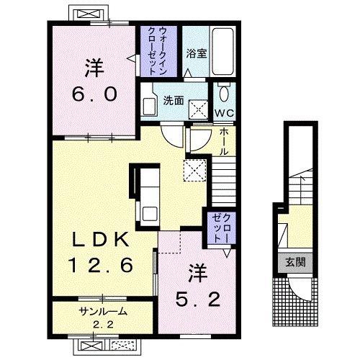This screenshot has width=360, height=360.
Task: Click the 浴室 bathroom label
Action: click(197, 53)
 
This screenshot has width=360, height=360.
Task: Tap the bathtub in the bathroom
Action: click(223, 52)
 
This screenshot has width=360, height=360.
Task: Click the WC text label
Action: click(224, 112)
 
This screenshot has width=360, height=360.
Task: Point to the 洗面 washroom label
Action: click(174, 101)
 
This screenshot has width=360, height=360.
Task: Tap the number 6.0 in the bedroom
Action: click(94, 94)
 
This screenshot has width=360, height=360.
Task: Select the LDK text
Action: click(101, 240)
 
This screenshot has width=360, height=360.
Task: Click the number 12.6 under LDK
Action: click(100, 265)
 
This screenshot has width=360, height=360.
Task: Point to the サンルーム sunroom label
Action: click(102, 311)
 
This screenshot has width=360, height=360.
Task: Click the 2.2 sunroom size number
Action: click(103, 325)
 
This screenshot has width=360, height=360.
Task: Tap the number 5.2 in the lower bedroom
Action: click(198, 300)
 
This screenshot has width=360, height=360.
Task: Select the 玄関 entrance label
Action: click(295, 262)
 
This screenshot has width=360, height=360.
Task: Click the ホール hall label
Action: click(224, 141)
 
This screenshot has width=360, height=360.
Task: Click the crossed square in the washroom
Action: click(198, 109)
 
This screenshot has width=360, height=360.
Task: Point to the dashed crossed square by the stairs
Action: click(195, 171)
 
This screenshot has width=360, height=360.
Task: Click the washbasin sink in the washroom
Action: click(149, 107)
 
